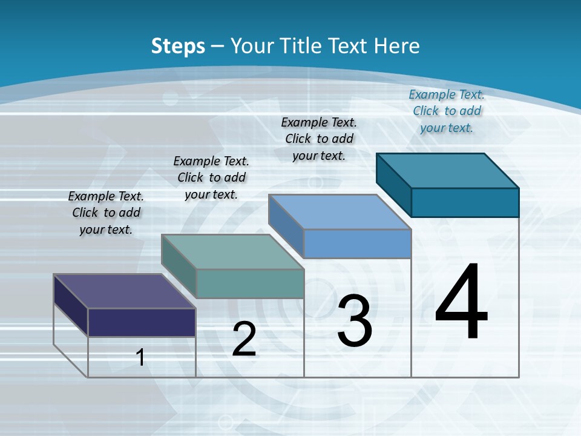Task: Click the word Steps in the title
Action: coord(177,46)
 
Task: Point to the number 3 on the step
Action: coord(355,320)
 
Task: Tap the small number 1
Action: coord(140,357)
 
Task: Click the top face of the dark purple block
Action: coord(124,291)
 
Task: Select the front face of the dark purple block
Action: coord(142,322)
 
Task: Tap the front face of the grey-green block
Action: coord(250,283)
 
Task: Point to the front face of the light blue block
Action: coord(357,243)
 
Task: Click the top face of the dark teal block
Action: coord(448,171)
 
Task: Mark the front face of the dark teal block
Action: coord(465,202)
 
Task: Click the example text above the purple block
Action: coord(106,213)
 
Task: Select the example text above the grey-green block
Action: coord(211,177)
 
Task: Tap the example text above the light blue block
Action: coord(319,139)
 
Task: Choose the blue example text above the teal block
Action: coord(447,111)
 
